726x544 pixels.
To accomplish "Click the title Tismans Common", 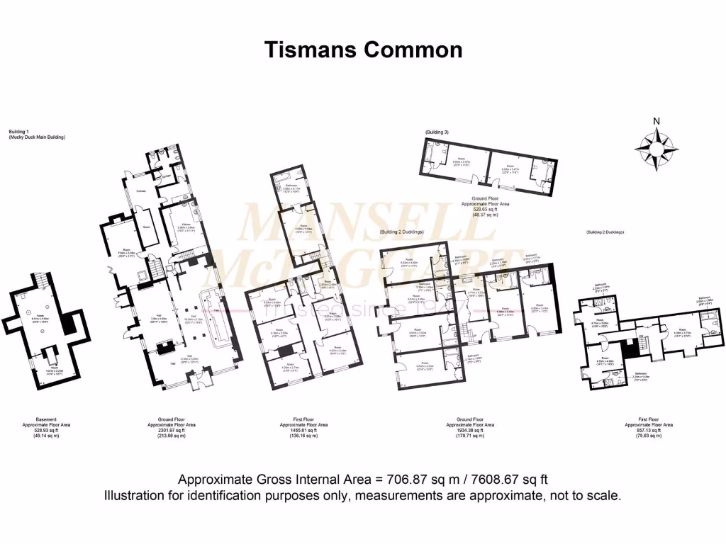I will pyautogui.click(x=363, y=50).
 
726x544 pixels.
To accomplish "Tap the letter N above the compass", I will pyautogui.click(x=657, y=120).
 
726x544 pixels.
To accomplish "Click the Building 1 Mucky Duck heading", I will pyautogui.click(x=36, y=134).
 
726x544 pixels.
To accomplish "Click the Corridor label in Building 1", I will pyautogui.click(x=140, y=191).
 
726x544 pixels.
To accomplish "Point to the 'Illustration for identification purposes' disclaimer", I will pyautogui.click(x=363, y=495).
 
